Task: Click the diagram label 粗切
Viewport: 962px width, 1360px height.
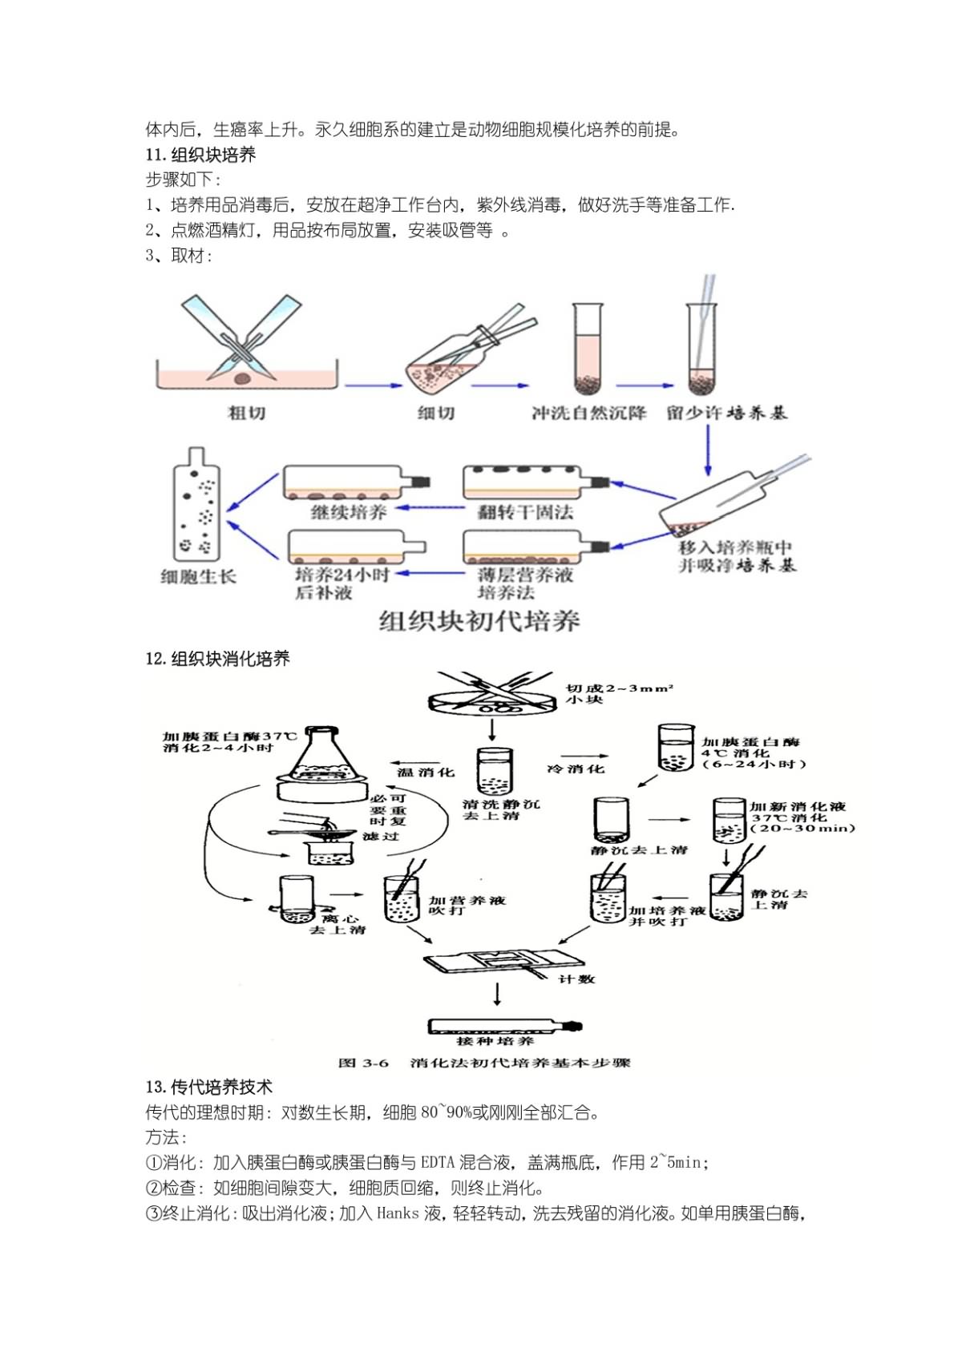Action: [x=247, y=413]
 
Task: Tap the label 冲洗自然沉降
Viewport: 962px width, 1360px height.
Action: [x=588, y=413]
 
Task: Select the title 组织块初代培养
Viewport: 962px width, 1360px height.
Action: [x=479, y=621]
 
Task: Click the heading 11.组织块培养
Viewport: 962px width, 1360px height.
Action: [x=200, y=155]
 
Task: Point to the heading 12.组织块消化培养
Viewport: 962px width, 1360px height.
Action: [x=217, y=659]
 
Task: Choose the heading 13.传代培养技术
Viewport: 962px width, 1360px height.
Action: [x=208, y=1087]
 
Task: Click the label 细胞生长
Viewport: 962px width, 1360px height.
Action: [x=198, y=576]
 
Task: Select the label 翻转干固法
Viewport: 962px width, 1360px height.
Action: [x=525, y=512]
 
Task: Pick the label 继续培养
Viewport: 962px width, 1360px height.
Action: [x=349, y=512]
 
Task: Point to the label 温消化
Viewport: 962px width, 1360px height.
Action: [x=426, y=772]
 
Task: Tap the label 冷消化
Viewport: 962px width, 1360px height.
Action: [x=575, y=769]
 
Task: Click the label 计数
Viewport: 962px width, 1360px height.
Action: [x=576, y=979]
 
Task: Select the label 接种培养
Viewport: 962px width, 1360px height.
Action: [x=495, y=1041]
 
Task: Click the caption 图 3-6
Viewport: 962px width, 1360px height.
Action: [x=363, y=1063]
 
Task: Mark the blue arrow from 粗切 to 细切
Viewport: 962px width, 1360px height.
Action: [x=374, y=385]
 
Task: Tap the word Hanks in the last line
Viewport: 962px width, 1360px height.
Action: [x=398, y=1213]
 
